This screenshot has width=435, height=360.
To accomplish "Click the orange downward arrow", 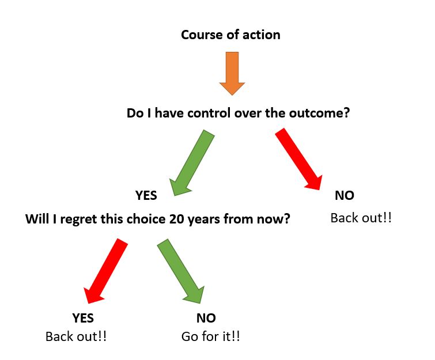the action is (232, 74).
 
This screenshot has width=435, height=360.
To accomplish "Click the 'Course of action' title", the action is (230, 35).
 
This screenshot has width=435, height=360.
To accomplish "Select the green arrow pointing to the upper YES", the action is (192, 163).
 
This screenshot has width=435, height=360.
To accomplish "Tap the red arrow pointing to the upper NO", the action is (299, 159).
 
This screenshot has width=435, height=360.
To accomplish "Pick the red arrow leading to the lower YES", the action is (105, 271).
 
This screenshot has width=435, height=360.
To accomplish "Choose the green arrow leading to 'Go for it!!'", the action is (181, 271).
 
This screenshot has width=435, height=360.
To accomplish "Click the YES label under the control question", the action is (146, 195).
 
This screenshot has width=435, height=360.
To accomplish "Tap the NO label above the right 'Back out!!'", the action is (345, 195).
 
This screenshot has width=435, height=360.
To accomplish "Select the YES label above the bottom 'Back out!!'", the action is (83, 318).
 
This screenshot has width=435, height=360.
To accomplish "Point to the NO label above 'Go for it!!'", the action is (206, 318).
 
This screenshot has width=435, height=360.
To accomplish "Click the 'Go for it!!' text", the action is (210, 337).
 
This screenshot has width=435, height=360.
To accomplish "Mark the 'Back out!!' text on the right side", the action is (361, 218).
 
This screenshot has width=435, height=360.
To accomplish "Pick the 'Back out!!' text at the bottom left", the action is (76, 337).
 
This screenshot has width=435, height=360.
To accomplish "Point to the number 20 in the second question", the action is (177, 219).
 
